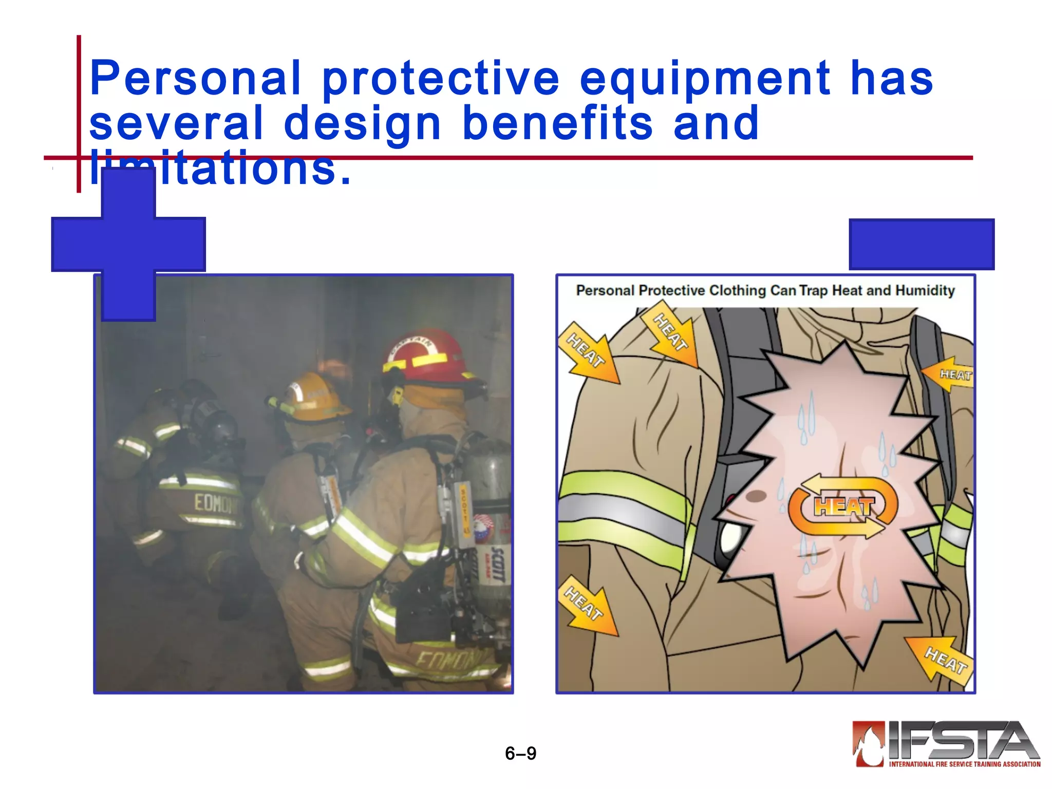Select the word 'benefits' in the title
[557, 123]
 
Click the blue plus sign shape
[128, 245]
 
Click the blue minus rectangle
[922, 244]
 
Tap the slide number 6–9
[520, 754]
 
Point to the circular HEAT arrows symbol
[843, 506]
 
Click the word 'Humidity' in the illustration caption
[925, 291]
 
